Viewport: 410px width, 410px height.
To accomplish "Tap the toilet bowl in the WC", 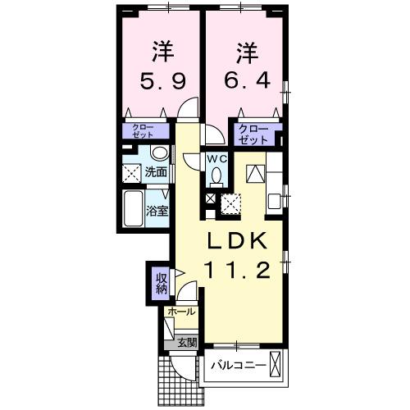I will [216, 175].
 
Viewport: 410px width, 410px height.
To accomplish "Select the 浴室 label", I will [157, 211].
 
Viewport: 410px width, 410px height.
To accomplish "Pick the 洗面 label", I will [156, 172].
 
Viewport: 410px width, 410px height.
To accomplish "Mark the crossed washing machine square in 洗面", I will [131, 171].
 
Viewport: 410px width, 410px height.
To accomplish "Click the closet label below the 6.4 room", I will [253, 133].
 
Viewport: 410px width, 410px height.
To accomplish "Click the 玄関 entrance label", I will [186, 343].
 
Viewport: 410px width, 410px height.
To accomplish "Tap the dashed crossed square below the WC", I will [230, 202].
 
